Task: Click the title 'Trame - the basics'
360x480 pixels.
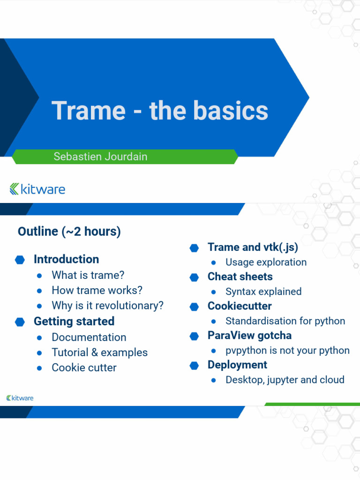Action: click(160, 111)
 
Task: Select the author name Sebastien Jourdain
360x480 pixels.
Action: click(100, 157)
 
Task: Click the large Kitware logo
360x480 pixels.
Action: click(37, 189)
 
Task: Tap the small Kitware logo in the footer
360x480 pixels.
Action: click(20, 398)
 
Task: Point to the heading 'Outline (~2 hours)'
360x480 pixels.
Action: click(69, 232)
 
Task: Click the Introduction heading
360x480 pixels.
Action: click(66, 259)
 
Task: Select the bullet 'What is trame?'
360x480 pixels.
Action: click(88, 275)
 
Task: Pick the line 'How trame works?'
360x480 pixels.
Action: click(97, 290)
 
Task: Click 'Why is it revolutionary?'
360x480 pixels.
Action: click(107, 306)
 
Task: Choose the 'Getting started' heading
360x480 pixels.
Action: click(74, 322)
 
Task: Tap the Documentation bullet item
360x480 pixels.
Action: click(89, 337)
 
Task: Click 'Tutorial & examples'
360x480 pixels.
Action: click(99, 352)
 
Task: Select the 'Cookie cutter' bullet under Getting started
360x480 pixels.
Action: click(84, 368)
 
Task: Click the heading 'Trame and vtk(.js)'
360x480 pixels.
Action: click(253, 247)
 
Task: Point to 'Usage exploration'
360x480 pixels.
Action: click(266, 262)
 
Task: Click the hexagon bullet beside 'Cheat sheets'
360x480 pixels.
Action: click(194, 277)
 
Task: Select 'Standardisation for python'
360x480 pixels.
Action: click(285, 321)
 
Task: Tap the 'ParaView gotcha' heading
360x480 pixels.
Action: click(249, 336)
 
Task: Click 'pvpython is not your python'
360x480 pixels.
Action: click(287, 351)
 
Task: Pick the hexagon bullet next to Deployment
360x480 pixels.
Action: click(194, 366)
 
